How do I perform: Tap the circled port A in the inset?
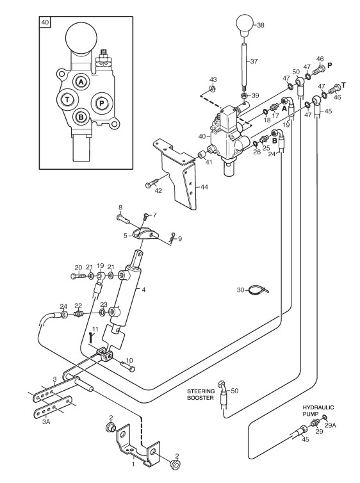[81, 82]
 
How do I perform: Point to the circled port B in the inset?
[81, 117]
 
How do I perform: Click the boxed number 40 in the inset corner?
[45, 22]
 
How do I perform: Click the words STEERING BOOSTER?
[200, 395]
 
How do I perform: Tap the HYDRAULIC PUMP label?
[318, 411]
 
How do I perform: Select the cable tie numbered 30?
[259, 290]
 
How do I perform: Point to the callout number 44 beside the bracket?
[204, 187]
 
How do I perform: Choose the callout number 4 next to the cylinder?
[143, 290]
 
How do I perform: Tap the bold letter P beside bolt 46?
[330, 65]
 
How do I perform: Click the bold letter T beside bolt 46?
[343, 85]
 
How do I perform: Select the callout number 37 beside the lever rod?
[254, 61]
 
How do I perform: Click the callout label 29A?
[330, 425]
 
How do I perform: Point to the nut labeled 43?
[213, 88]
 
